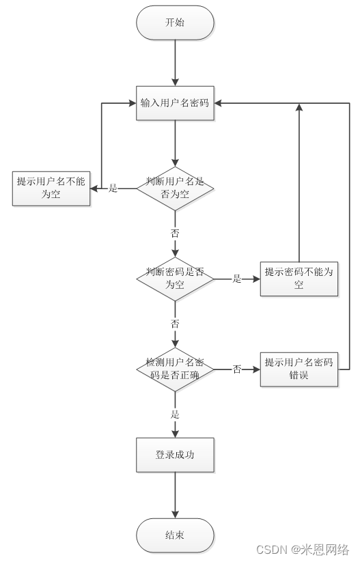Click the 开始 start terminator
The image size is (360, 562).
175,23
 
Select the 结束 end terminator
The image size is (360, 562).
175,535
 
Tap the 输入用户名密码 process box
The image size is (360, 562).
175,103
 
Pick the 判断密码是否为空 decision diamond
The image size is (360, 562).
175,278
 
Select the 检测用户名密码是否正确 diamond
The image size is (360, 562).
175,369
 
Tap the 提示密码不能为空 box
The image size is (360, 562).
299,278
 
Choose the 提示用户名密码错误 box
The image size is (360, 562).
299,369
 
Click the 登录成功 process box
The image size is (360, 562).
175,454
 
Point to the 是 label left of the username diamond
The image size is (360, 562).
113,188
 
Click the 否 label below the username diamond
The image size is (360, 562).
175,233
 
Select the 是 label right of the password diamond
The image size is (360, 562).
237,279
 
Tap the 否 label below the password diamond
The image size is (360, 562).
175,323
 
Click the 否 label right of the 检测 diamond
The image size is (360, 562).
237,369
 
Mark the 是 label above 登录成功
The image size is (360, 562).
175,414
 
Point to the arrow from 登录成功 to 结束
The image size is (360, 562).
175,494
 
